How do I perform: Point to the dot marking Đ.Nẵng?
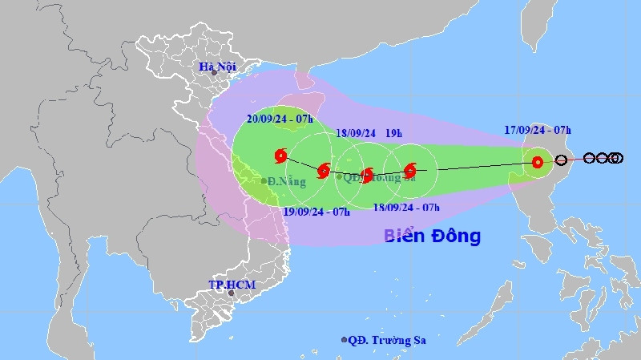pos(264,180)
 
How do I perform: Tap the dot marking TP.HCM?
pos(231,293)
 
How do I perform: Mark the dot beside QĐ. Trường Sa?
pos(345,340)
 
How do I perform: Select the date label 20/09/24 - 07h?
pos(279,119)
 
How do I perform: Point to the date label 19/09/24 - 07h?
pos(317,212)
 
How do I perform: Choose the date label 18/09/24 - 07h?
pos(406,208)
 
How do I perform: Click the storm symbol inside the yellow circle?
pos(538,163)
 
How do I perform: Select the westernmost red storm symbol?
pos(280,156)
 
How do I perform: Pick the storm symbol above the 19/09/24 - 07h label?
pos(324,170)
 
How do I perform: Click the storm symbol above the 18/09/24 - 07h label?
pos(410,170)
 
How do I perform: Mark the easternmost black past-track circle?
pos(616,158)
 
